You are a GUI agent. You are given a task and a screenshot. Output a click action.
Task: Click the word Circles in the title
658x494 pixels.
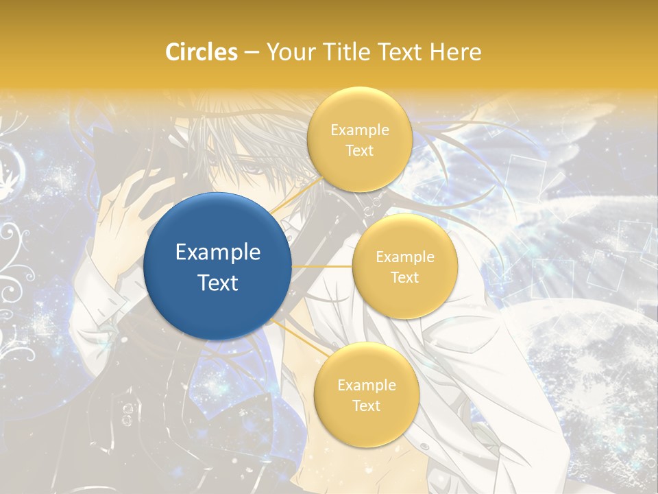202,51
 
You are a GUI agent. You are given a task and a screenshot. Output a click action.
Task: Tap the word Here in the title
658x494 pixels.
455,51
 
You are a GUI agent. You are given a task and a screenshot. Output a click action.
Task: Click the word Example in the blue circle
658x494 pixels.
218,252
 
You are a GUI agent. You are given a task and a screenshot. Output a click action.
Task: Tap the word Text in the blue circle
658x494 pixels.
218,283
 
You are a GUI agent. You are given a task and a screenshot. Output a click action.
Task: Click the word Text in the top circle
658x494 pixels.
359,150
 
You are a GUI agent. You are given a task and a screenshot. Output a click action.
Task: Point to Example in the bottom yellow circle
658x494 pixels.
366,385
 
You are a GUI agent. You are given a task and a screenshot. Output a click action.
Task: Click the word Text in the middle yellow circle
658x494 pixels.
404,277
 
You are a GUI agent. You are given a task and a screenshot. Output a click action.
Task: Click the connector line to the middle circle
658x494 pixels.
322,266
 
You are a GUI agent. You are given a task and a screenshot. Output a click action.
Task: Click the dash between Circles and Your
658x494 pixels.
252,52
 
